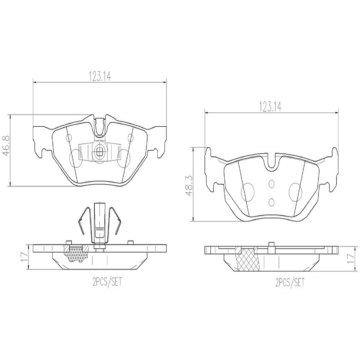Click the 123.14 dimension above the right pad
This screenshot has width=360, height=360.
[x=271, y=107]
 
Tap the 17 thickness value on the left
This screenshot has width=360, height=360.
[x=24, y=257]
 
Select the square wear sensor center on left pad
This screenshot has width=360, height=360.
[x=99, y=153]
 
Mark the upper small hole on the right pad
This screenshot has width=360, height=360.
[x=271, y=184]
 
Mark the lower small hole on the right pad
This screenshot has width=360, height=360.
[x=271, y=201]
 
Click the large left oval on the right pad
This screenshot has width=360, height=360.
[x=247, y=192]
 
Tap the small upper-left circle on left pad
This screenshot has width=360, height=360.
[x=70, y=138]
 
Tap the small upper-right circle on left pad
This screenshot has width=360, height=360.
[x=130, y=138]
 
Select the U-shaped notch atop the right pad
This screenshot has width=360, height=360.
[x=271, y=162]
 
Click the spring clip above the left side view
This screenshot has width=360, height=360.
[x=99, y=223]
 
